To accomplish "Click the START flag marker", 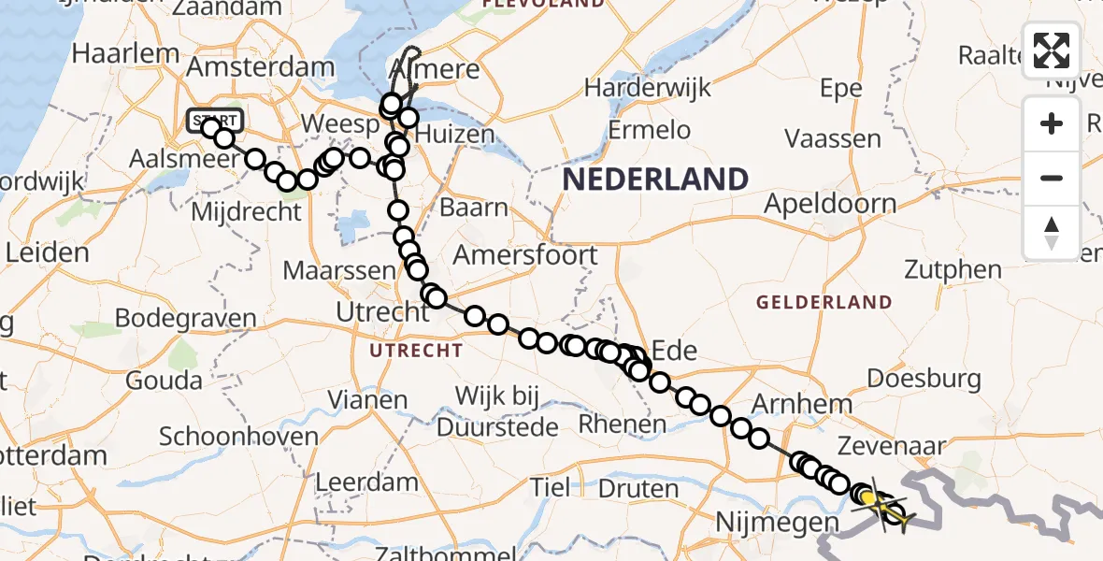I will click(x=215, y=120).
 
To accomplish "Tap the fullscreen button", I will click(x=1052, y=50).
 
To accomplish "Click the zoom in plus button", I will click(x=1052, y=123).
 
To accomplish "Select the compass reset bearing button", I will click(x=1052, y=233).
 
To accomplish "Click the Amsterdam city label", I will click(x=260, y=67).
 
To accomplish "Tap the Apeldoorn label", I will click(x=830, y=203).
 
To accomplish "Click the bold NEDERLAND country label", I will click(x=655, y=179).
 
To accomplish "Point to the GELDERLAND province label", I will click(x=824, y=302).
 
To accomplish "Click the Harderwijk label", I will click(x=648, y=89).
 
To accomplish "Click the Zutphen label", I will click(x=953, y=270).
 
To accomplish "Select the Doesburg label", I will click(x=924, y=379).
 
